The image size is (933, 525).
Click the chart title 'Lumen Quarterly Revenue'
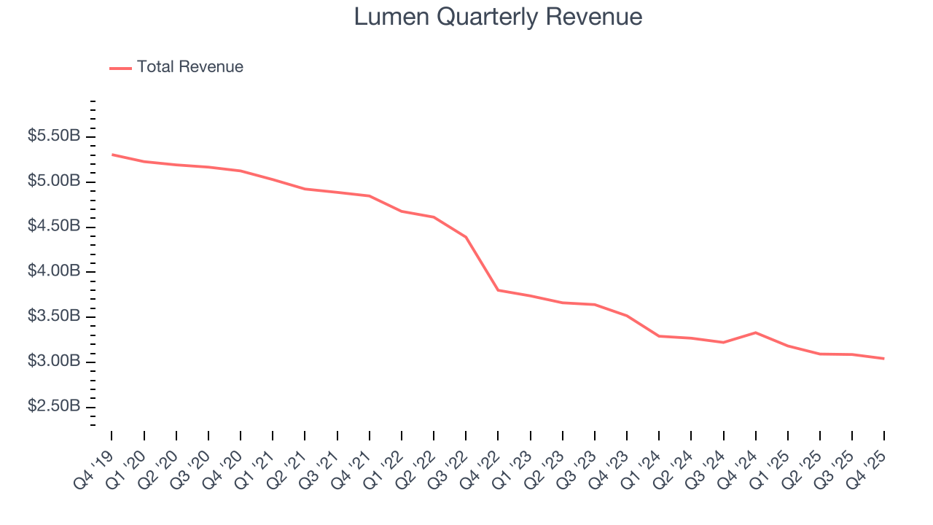coord(498,17)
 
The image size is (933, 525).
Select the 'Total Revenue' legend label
coord(190,67)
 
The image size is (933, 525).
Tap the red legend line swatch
coord(120,68)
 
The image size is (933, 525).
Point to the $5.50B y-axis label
coord(54,136)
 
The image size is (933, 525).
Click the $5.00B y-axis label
coord(54,182)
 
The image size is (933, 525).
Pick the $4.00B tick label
coord(54,271)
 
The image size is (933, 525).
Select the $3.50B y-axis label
coord(54,316)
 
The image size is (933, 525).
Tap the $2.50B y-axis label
coord(54,406)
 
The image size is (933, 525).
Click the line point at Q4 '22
coord(498,290)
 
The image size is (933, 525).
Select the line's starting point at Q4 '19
coord(112,155)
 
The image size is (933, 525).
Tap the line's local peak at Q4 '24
coord(755,332)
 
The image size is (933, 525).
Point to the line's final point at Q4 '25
coord(883,359)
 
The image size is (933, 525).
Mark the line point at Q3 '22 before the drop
coord(466,237)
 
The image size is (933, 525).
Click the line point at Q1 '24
coord(659,336)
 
